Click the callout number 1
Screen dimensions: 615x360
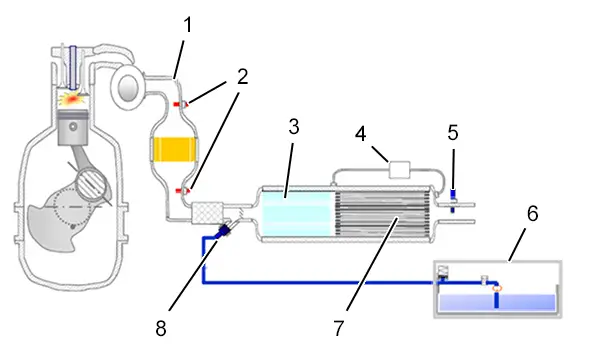(188, 25)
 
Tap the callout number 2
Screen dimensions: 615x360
(242, 77)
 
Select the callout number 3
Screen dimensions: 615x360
(294, 127)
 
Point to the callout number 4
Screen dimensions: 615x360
(360, 134)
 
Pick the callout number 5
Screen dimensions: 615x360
(453, 133)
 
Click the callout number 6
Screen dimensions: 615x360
(532, 214)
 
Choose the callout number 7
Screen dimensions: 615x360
(339, 328)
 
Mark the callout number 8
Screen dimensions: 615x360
(161, 328)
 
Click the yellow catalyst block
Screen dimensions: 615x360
(175, 149)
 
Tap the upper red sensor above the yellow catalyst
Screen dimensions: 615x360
(181, 104)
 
